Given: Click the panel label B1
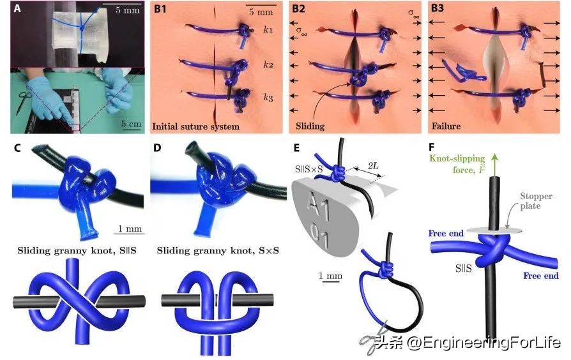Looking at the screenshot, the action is (x=160, y=8).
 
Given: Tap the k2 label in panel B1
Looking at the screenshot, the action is (x=268, y=65).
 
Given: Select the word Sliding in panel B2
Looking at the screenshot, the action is (x=310, y=126).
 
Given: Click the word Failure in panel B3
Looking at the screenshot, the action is (x=446, y=126).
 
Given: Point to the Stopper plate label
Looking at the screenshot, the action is (x=536, y=200).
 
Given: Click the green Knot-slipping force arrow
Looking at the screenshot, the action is (x=494, y=165).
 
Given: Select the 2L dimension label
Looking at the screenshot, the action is (x=373, y=166).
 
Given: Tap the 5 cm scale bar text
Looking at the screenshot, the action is (x=131, y=124).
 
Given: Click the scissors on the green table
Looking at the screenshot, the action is (x=24, y=100).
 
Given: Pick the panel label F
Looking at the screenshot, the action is (x=432, y=147).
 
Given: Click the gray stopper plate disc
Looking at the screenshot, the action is (x=494, y=230).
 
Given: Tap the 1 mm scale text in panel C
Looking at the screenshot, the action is (x=130, y=229).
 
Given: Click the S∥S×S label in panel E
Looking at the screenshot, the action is (x=309, y=169).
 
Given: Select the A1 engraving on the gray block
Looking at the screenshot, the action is (x=319, y=207).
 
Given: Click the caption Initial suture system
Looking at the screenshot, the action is (x=196, y=126).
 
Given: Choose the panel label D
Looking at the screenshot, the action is (x=157, y=148).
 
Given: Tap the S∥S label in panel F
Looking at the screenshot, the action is (x=463, y=269).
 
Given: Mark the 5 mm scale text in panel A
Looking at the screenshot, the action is (x=128, y=10).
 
